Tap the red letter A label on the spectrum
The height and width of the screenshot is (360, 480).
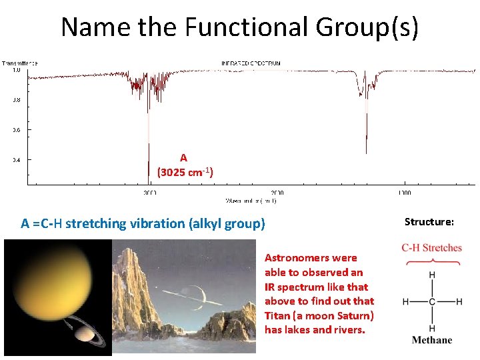pyautogui.click(x=183, y=158)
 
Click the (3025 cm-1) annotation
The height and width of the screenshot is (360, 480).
pyautogui.click(x=185, y=172)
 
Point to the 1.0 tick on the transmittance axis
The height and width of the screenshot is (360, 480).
pyautogui.click(x=15, y=69)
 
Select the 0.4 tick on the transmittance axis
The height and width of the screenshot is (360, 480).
pyautogui.click(x=15, y=159)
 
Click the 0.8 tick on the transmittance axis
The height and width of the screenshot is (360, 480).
pyautogui.click(x=15, y=100)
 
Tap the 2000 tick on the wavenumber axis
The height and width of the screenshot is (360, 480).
pyautogui.click(x=277, y=193)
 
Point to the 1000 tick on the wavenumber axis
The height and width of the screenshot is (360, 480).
pyautogui.click(x=404, y=193)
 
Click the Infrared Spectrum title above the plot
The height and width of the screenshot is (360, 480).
pyautogui.click(x=251, y=63)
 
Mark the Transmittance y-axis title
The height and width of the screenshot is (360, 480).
pyautogui.click(x=19, y=63)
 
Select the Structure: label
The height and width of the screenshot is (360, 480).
pyautogui.click(x=429, y=221)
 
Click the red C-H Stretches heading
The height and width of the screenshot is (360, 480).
pyautogui.click(x=431, y=248)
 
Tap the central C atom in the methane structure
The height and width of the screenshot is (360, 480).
pyautogui.click(x=432, y=302)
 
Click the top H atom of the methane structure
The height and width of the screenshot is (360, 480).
pyautogui.click(x=432, y=275)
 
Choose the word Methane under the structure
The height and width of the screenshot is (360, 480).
pyautogui.click(x=431, y=340)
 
